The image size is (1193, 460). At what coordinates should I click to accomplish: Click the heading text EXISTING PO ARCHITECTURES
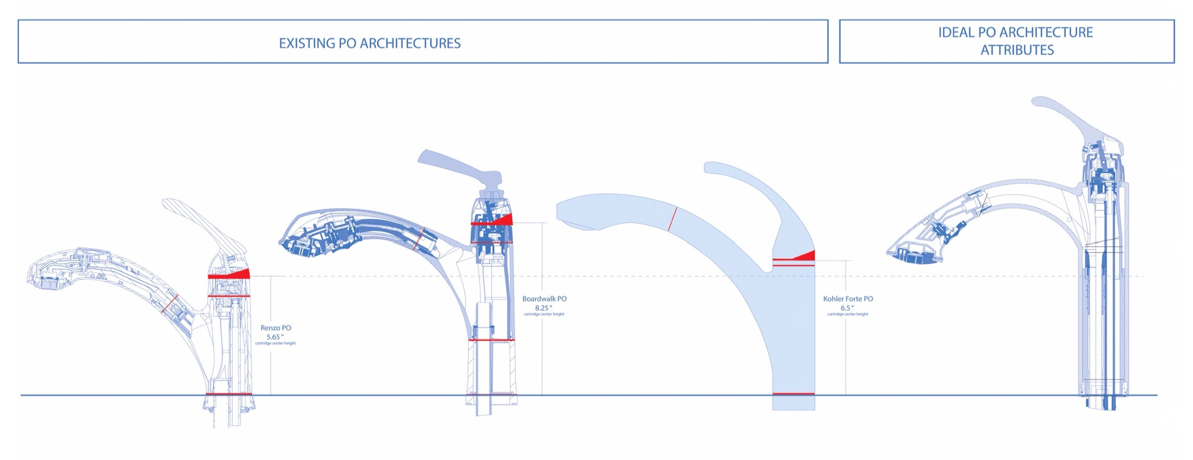point(369,43)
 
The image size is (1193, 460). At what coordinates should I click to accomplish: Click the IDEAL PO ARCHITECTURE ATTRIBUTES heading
point(1015,41)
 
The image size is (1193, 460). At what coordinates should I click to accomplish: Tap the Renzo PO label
point(275,328)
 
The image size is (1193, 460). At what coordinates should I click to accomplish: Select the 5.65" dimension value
point(275,337)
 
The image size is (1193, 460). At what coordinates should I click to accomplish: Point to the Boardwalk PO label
point(544,299)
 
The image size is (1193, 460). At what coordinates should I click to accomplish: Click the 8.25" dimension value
point(543,308)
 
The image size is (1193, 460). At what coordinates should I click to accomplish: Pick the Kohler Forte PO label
point(847,299)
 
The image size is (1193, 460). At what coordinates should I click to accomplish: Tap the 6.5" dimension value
point(847,308)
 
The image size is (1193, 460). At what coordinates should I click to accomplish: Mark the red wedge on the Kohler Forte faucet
point(804,256)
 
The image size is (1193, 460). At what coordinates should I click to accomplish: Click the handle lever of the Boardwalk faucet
point(455,165)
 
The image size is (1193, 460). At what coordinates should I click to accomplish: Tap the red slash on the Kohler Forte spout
point(672,218)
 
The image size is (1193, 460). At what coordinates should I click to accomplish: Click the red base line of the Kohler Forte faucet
point(793,393)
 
